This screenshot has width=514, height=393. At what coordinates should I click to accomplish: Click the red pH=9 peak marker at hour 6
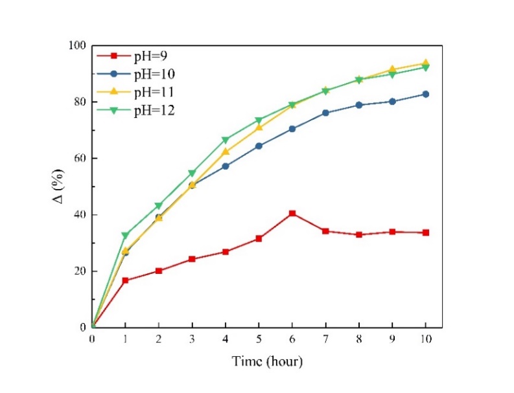292,213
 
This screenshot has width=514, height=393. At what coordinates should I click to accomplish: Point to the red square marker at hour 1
126,280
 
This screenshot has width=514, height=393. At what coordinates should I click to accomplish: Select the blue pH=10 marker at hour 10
426,94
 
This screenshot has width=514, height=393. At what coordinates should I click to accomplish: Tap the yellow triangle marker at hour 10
426,63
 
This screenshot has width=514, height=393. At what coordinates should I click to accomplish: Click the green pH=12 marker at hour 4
226,140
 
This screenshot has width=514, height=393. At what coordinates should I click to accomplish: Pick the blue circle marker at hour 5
259,146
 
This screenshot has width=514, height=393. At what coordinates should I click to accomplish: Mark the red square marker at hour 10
426,232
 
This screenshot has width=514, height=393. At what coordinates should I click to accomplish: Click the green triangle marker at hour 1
126,235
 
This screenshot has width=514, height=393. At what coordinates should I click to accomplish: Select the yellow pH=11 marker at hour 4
226,152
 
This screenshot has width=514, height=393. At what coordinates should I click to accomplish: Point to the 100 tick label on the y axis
76,45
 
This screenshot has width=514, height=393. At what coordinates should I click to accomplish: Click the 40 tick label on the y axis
79,215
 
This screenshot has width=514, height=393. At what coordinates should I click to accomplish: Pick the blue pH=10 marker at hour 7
326,113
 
